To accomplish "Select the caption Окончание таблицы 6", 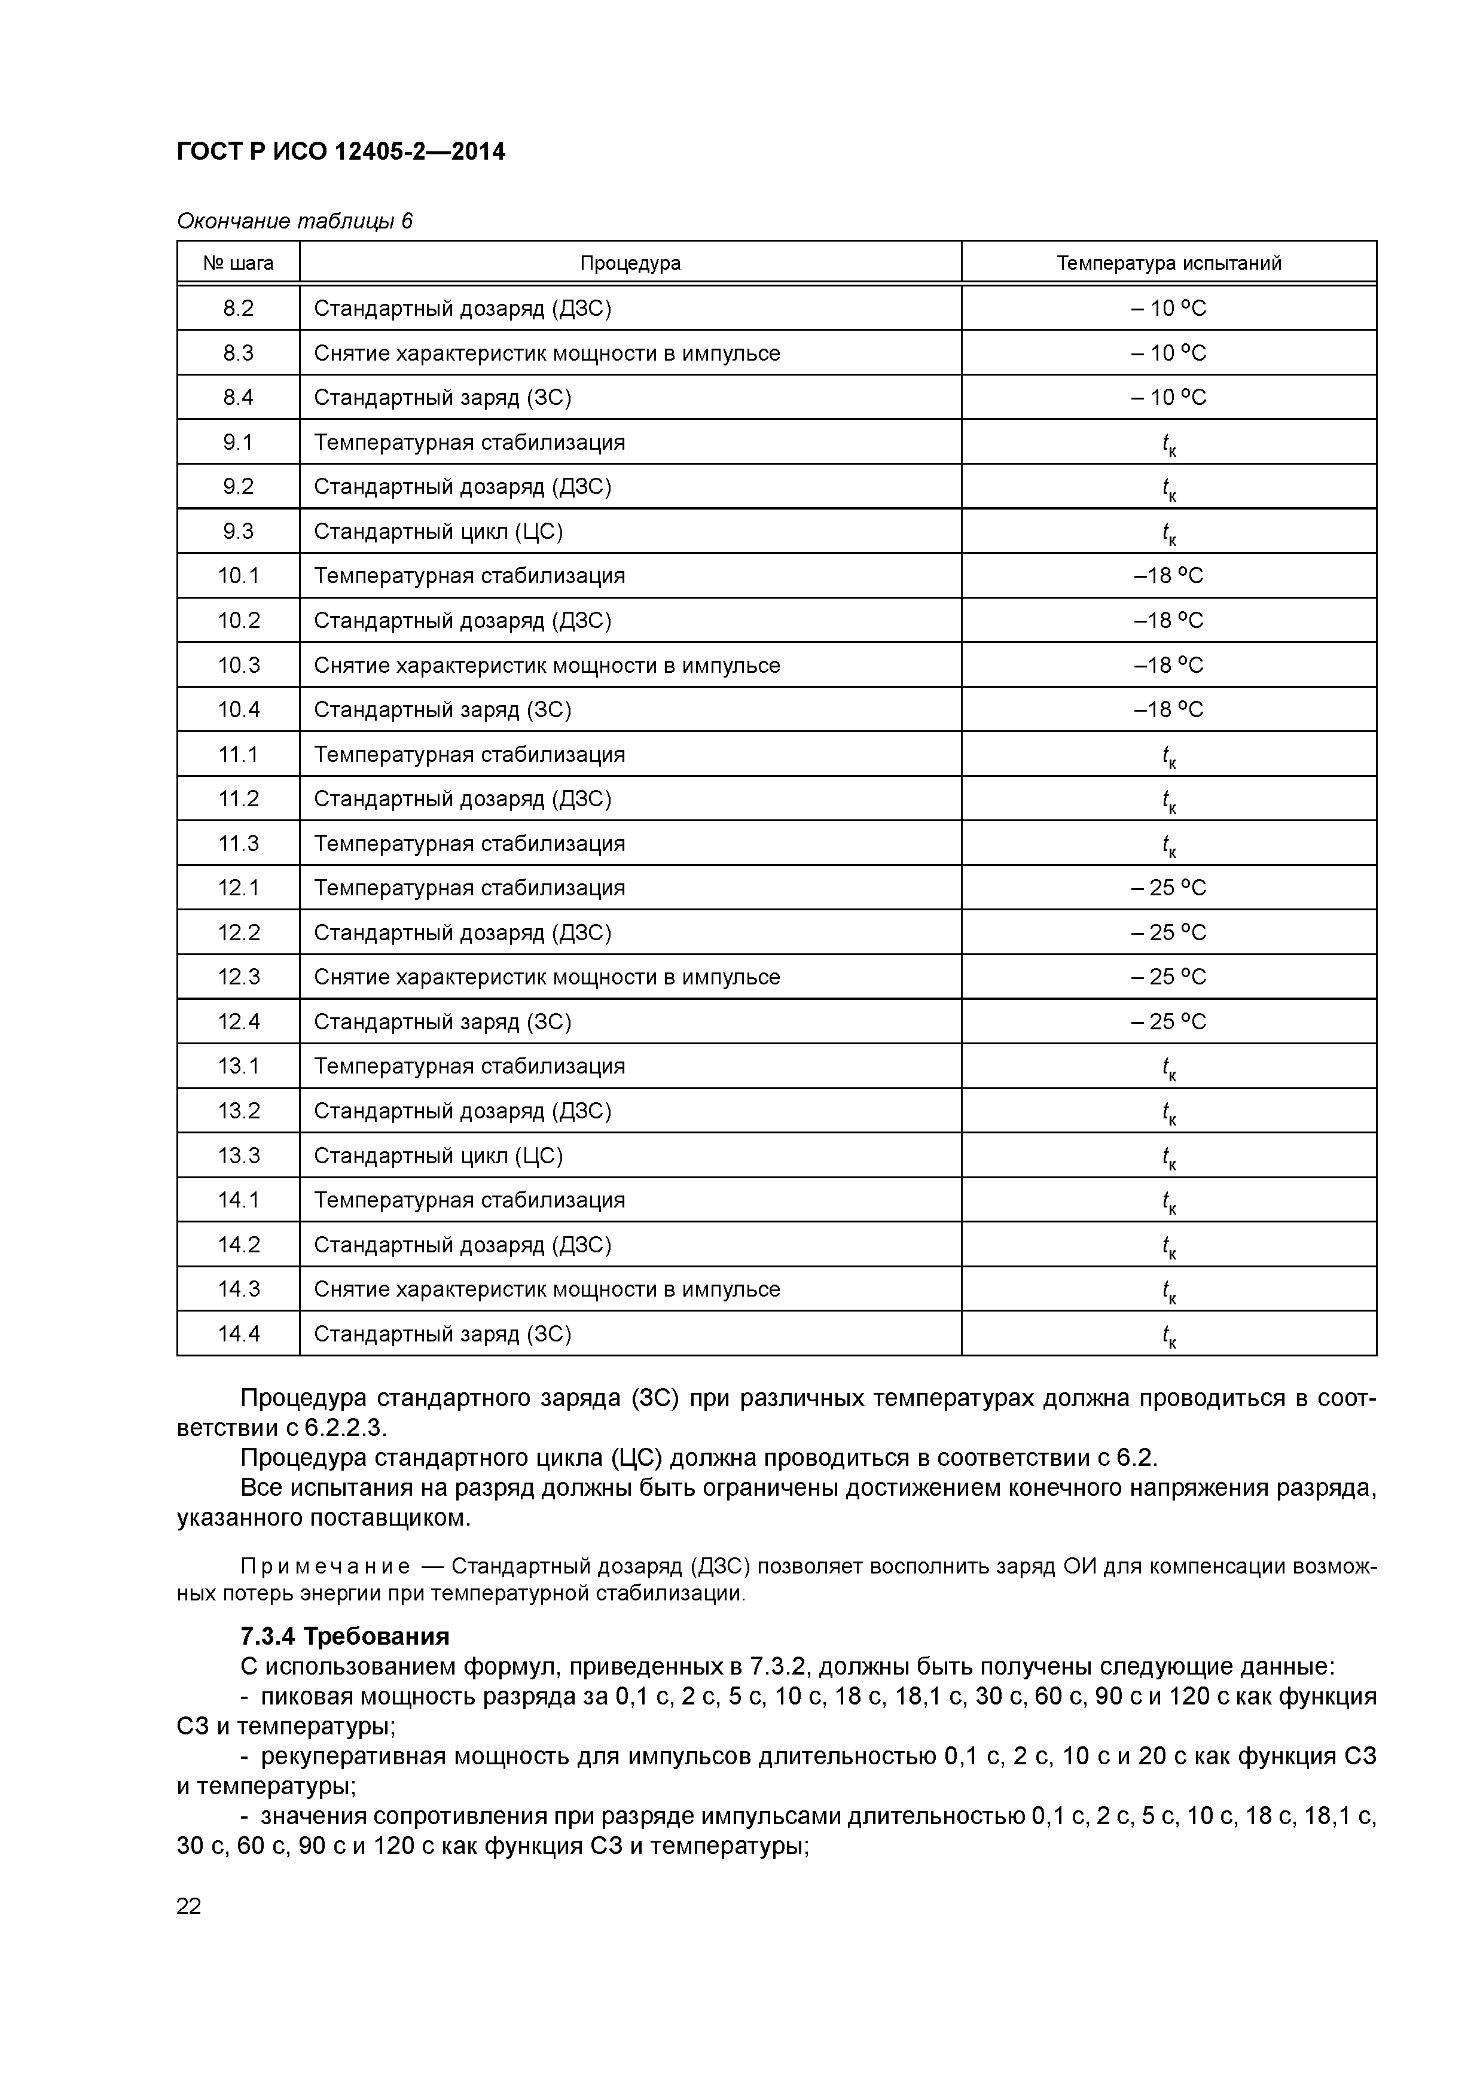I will (x=294, y=221).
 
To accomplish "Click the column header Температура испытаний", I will (x=1168, y=263).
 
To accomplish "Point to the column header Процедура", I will (x=630, y=263).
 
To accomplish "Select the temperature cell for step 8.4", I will (x=1168, y=398).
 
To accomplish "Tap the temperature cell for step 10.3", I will (x=1168, y=665).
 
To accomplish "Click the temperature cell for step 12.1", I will (x=1168, y=888).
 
